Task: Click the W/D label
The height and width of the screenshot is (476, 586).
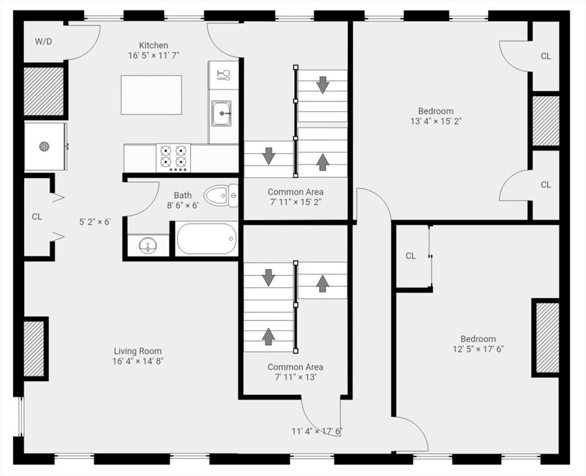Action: coord(43,42)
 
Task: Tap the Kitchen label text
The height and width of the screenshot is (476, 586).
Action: coord(154,45)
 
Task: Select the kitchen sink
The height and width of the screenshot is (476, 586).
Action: coord(221,113)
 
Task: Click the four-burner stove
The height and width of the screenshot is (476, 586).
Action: coord(174,158)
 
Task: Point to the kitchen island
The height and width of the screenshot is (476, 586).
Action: coord(151,95)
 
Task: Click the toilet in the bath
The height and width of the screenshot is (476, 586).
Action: coord(221,195)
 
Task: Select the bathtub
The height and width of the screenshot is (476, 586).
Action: coord(206,239)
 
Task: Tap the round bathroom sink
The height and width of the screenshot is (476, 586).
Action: coord(148,246)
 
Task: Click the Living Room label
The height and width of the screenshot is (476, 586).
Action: coord(138,351)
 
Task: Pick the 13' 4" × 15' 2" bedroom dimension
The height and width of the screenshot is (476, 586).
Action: coord(436,121)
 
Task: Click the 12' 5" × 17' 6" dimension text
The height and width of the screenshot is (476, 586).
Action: coord(478,349)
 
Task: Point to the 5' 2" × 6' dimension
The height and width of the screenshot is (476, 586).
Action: coord(95,222)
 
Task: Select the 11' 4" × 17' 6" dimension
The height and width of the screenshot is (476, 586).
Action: coord(317,431)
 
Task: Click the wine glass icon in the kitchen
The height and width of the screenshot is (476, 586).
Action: coord(223,75)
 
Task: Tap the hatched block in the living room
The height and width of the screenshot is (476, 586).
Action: coord(33,349)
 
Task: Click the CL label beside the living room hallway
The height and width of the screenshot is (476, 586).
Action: coord(37,217)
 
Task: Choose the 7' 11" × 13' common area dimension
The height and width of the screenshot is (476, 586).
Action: coord(296,377)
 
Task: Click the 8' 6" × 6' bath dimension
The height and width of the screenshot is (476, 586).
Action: coord(182,205)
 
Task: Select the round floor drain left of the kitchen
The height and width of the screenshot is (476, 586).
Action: coord(44,146)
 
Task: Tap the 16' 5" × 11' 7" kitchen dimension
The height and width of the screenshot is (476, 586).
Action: coord(154,56)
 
